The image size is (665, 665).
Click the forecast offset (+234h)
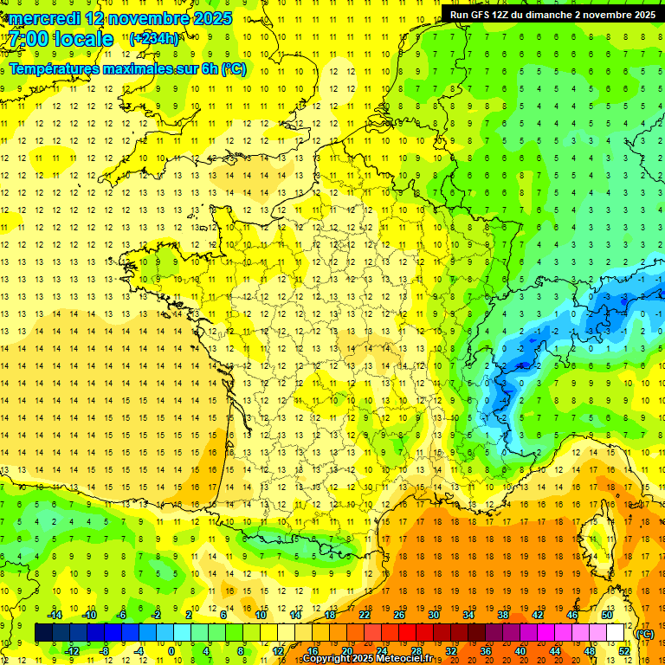click(x=154, y=39)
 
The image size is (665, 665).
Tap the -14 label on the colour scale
click(x=55, y=615)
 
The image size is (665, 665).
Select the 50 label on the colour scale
click(x=606, y=615)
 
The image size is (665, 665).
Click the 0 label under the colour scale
click(x=171, y=650)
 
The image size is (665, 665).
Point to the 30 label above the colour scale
click(x=433, y=615)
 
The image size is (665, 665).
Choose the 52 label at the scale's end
click(x=623, y=650)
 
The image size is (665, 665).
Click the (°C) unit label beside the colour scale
click(x=644, y=633)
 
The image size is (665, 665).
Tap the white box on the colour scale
click(x=615, y=633)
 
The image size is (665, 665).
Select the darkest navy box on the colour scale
click(x=43, y=633)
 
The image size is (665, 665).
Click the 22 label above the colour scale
click(x=364, y=615)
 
